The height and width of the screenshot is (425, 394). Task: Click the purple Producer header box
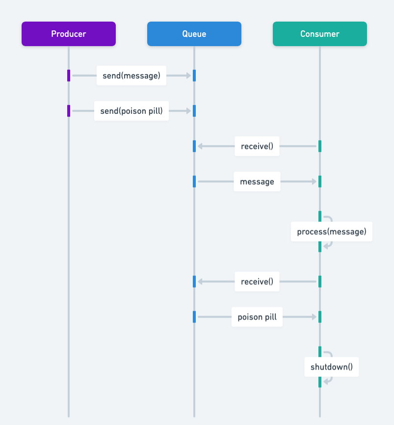pos(69,34)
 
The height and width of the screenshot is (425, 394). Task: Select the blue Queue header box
pos(194,34)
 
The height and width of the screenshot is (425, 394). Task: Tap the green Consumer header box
pos(320,34)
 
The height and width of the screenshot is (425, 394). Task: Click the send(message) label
pos(131,76)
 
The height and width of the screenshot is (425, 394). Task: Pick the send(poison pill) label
pos(131,111)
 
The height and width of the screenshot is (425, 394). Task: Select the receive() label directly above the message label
pos(257,146)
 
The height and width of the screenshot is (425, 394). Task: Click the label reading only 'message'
pos(257,182)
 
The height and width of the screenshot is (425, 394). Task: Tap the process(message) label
pos(332,232)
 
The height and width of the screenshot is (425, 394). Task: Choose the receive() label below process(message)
pos(257,282)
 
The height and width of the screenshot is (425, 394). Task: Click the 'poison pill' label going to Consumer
pos(257,317)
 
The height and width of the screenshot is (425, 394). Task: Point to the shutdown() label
pos(332,367)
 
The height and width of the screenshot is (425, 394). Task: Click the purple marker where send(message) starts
pos(69,76)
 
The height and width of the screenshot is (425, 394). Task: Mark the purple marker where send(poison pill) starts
pos(69,111)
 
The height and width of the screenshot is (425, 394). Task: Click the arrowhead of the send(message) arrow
pos(188,76)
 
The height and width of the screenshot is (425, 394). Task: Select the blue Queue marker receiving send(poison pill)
pos(194,111)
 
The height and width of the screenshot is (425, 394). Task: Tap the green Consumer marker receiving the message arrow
pos(320,182)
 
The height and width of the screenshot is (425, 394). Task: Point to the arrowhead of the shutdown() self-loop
pos(326,380)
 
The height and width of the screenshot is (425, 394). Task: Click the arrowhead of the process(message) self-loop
pos(326,244)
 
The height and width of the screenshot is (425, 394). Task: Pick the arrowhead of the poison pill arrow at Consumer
pos(314,317)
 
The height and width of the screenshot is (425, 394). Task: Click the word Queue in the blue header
pos(194,34)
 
